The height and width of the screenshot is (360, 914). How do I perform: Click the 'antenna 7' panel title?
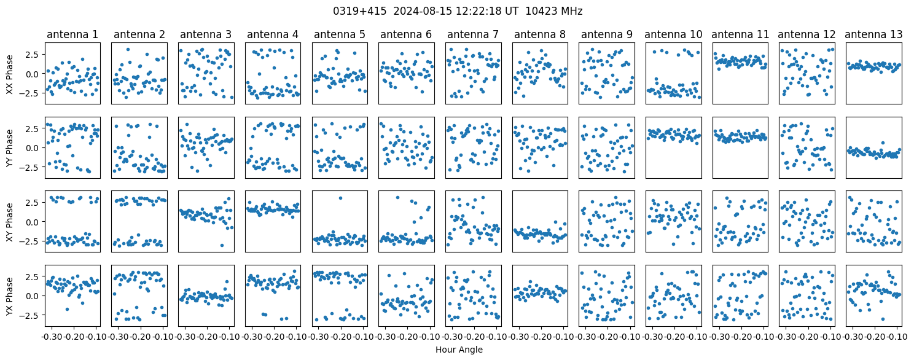click(x=473, y=34)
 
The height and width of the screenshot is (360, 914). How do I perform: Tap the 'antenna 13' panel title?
click(x=873, y=34)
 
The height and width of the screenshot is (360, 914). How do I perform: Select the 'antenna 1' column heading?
click(x=72, y=34)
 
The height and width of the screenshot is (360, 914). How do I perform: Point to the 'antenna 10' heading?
click(x=673, y=34)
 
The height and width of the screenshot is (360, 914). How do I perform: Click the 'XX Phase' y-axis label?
click(x=10, y=74)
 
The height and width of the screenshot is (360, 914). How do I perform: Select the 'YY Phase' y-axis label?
click(x=10, y=148)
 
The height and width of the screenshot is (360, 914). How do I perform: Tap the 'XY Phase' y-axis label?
click(x=10, y=222)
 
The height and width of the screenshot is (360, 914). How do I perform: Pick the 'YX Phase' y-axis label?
click(x=10, y=296)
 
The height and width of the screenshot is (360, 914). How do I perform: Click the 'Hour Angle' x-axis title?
click(x=459, y=350)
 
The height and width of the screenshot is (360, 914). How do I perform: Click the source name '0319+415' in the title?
click(x=359, y=11)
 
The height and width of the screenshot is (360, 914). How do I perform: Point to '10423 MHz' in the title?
click(x=553, y=11)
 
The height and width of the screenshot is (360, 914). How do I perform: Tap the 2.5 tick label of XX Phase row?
click(x=34, y=54)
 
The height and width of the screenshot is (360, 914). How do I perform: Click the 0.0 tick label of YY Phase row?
click(x=34, y=148)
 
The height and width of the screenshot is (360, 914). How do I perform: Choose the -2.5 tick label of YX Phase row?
click(x=32, y=315)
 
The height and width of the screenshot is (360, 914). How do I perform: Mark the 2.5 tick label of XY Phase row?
click(x=34, y=203)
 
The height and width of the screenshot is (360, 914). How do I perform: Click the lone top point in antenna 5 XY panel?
click(x=340, y=198)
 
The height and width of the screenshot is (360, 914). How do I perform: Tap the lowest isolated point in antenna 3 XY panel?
click(x=222, y=245)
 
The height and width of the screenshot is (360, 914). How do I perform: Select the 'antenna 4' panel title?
click(x=273, y=34)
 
